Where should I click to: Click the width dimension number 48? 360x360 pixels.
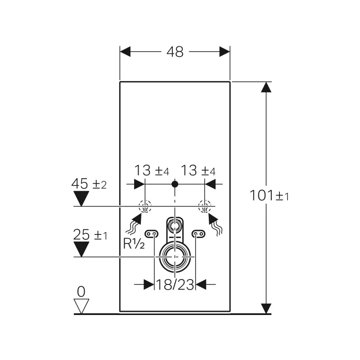(175, 52)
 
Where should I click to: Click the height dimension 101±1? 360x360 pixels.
(269, 196)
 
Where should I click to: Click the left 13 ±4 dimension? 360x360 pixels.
(151, 171)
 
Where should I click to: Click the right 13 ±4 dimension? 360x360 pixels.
(198, 171)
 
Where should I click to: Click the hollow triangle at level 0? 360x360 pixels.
(81, 306)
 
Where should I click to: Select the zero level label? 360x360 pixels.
(81, 292)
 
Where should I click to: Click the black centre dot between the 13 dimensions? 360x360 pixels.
(175, 184)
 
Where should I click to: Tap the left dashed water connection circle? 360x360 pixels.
(145, 207)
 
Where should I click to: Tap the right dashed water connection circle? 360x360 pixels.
(205, 207)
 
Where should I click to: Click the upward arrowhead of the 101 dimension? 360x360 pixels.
(267, 88)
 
